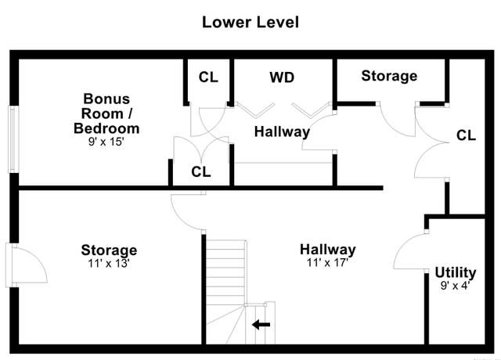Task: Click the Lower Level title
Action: tap(250, 23)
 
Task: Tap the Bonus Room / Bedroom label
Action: tap(106, 113)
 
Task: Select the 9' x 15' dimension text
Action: tap(106, 142)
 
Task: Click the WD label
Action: tap(282, 77)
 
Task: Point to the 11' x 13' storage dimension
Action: tap(109, 264)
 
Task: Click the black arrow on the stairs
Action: tap(261, 325)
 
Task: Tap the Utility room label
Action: tap(456, 273)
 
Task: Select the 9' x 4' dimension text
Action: tap(455, 285)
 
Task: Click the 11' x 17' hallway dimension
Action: tap(327, 263)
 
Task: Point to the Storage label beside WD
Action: tap(389, 76)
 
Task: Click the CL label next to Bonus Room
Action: tap(208, 77)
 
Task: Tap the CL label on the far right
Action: tap(467, 135)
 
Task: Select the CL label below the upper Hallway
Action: tap(201, 172)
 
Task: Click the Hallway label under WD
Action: tap(282, 131)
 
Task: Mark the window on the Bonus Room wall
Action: tap(13, 139)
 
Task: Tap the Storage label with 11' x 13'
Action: tap(109, 250)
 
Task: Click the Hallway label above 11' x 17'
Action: tap(327, 250)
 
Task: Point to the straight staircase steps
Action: tap(225, 272)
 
